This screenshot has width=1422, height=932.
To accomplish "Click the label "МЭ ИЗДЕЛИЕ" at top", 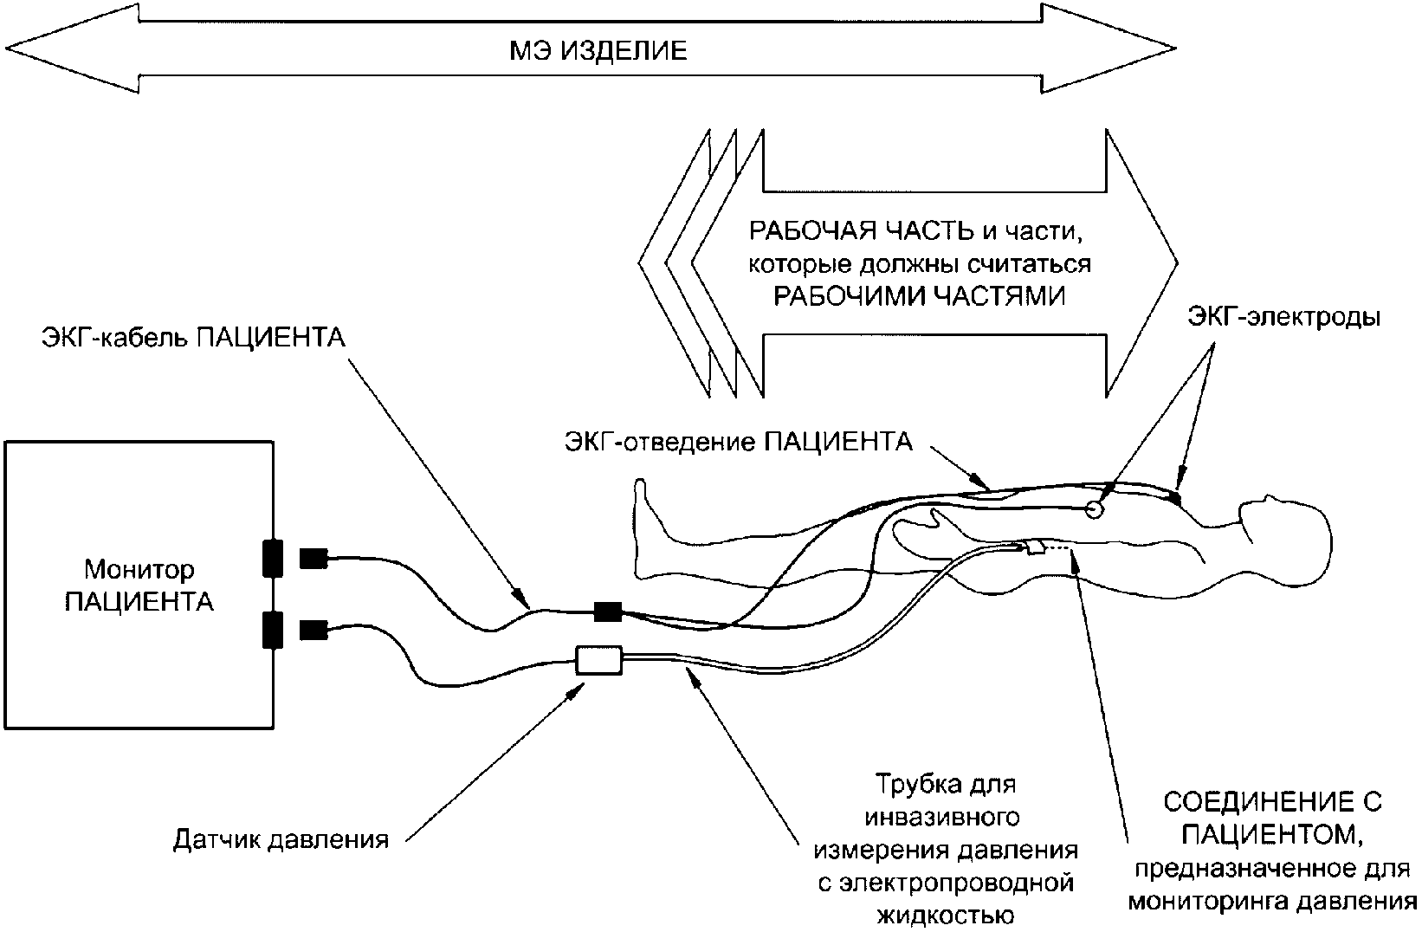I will click(597, 51).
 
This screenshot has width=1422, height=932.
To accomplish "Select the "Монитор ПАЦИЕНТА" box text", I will click(139, 586).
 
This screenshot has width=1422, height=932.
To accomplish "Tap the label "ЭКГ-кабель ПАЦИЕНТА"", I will click(193, 337).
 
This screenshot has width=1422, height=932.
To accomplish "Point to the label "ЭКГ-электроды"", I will click(1283, 318).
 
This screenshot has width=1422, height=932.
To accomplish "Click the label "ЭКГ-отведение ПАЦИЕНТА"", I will click(738, 443).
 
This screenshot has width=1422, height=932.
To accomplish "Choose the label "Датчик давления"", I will click(281, 839).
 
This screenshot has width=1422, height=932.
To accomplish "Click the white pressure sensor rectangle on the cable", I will click(599, 661).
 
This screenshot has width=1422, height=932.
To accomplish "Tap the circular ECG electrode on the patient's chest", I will click(1094, 509).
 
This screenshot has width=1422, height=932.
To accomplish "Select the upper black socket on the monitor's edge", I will click(273, 558).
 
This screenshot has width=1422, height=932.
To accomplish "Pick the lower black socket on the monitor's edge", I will click(273, 630).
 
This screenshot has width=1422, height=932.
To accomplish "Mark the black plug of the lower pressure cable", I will click(313, 630).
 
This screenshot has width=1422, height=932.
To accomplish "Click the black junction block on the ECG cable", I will click(608, 612).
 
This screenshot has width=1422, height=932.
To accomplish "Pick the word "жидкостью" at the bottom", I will click(945, 915).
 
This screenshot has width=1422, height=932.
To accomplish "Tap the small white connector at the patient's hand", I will click(1035, 548).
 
